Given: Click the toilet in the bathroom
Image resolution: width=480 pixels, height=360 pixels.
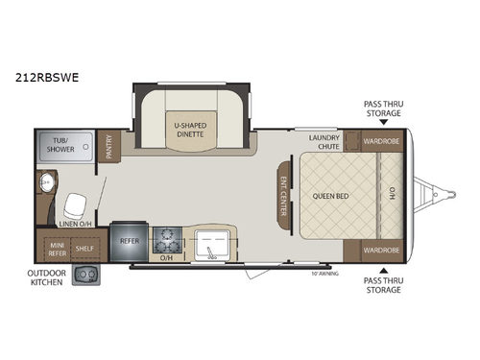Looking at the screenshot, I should [x=74, y=204].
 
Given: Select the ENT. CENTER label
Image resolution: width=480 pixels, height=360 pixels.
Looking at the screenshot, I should [x=284, y=196].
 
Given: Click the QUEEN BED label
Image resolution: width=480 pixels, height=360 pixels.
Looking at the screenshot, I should [x=329, y=196].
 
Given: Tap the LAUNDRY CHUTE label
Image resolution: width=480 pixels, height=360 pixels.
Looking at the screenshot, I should [x=325, y=142].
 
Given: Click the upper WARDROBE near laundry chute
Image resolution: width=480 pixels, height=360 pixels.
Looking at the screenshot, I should [x=379, y=142].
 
